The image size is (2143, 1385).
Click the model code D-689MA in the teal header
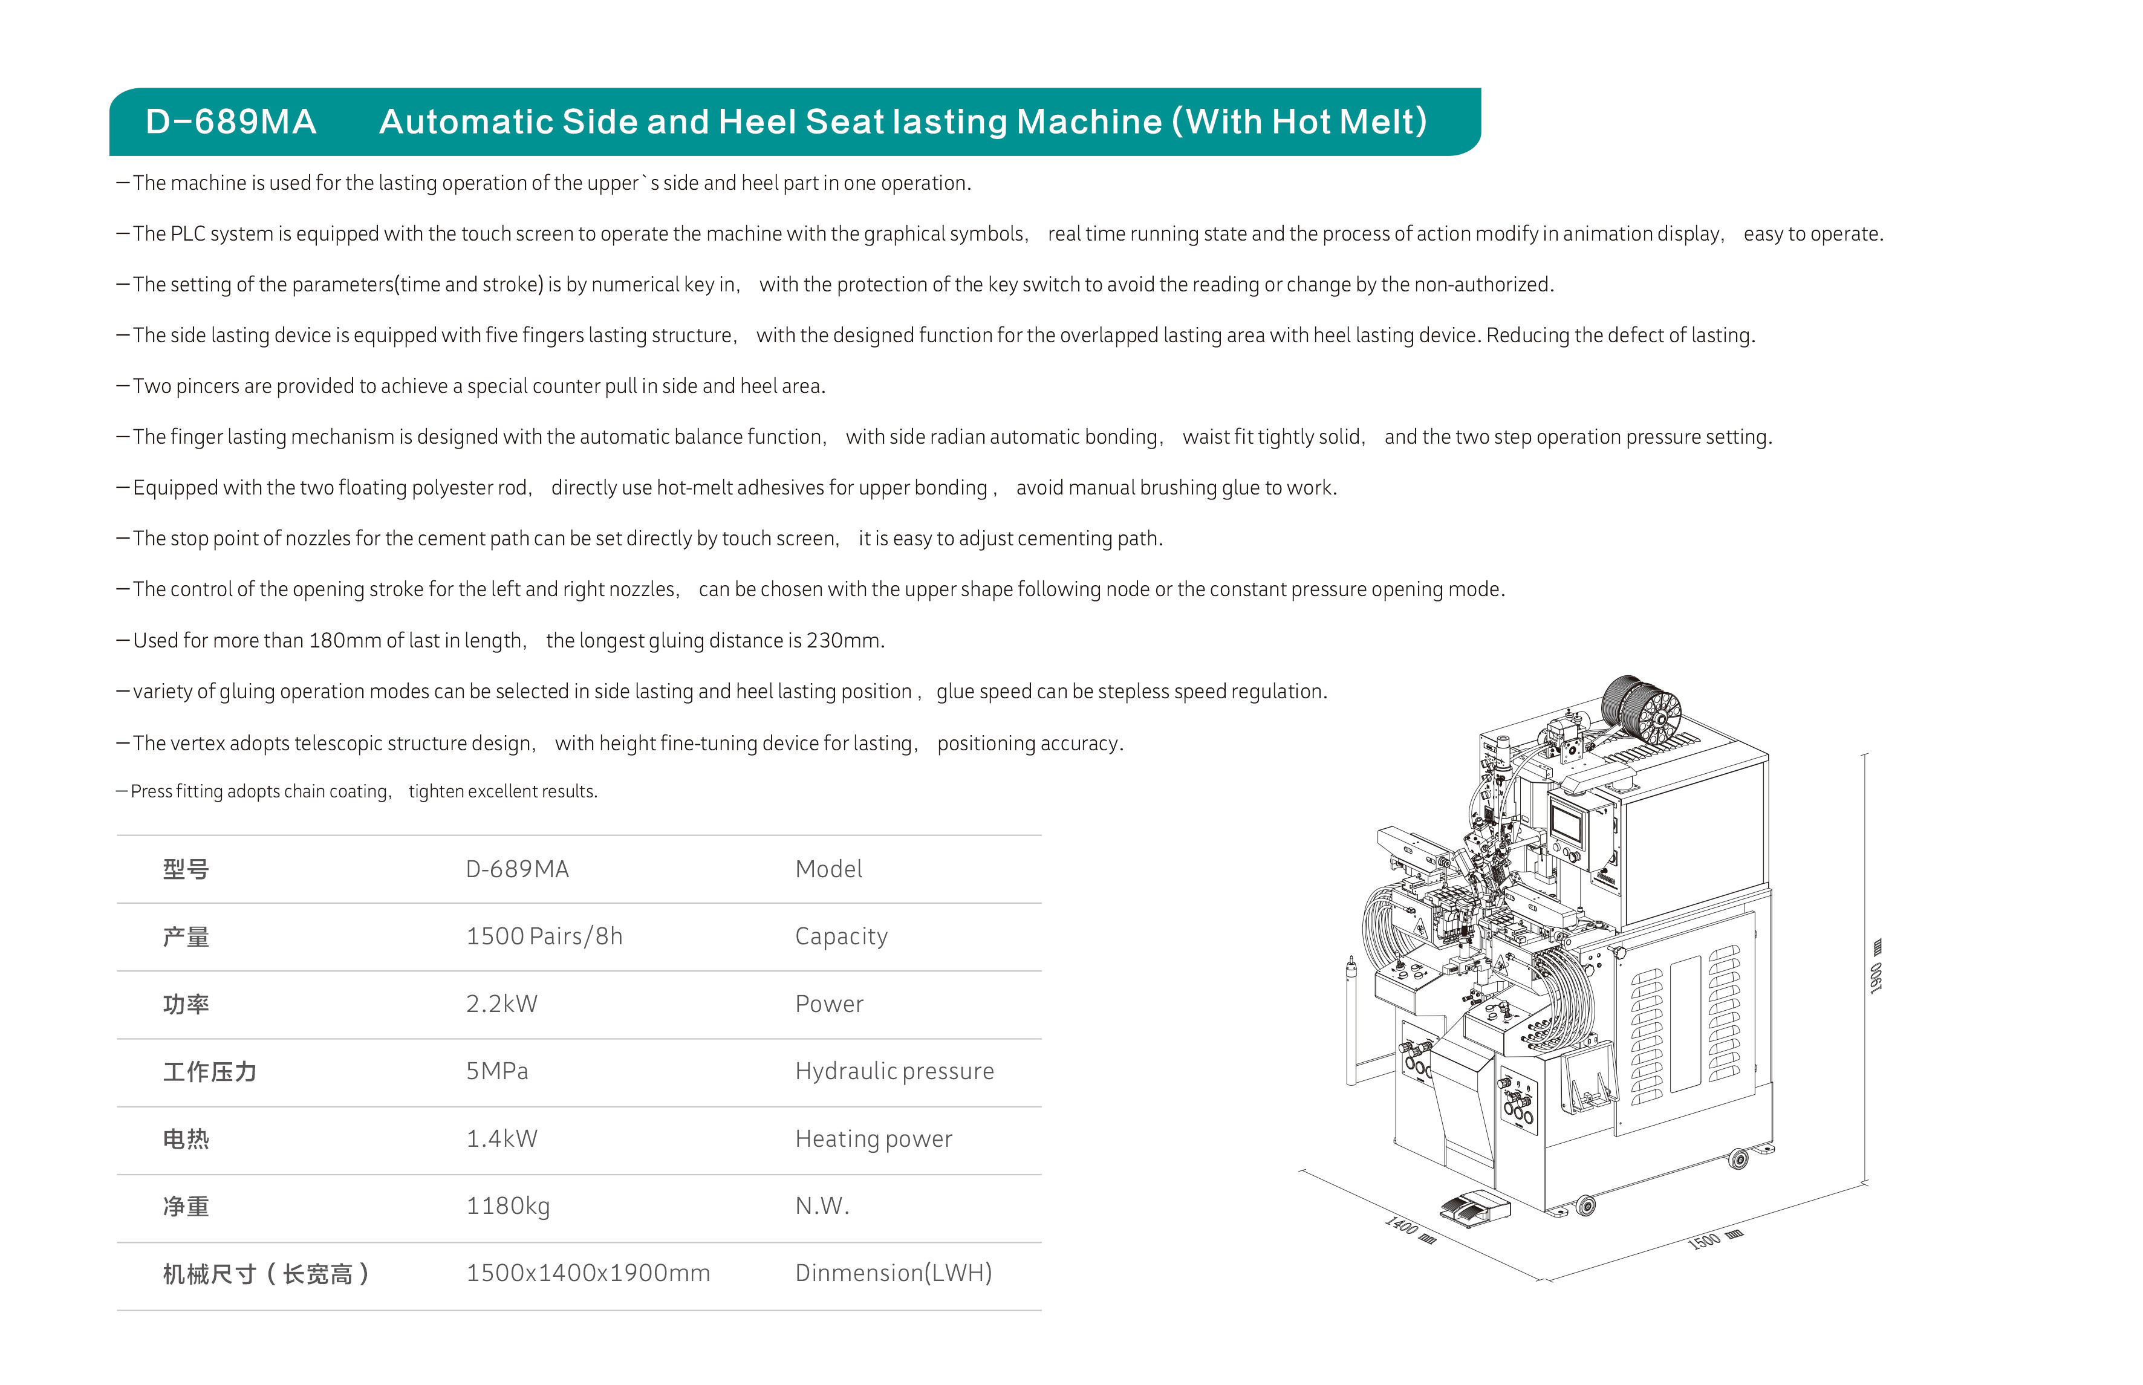[231, 122]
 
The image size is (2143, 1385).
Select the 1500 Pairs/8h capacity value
[544, 936]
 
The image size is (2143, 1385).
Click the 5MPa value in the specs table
[496, 1071]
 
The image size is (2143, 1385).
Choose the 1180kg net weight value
[507, 1206]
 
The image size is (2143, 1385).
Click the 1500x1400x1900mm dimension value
[587, 1274]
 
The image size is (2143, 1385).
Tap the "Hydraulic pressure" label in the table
[894, 1071]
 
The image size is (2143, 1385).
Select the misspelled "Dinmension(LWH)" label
[893, 1274]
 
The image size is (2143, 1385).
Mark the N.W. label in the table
[822, 1206]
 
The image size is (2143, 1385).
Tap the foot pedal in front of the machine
[1475, 1208]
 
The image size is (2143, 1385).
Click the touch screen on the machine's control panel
[1567, 822]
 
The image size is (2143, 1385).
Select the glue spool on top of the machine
[1641, 707]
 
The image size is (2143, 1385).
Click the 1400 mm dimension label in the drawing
[1408, 1230]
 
